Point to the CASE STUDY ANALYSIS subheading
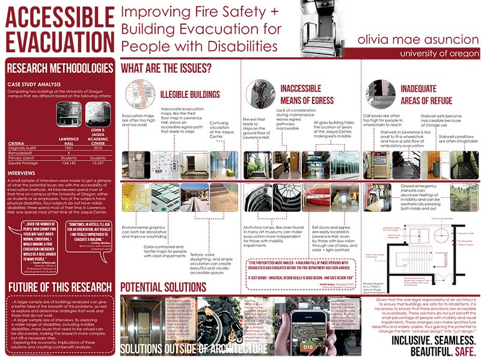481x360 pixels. (x=34, y=84)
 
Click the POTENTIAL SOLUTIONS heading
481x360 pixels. (x=167, y=287)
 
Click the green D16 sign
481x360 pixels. (x=308, y=346)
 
